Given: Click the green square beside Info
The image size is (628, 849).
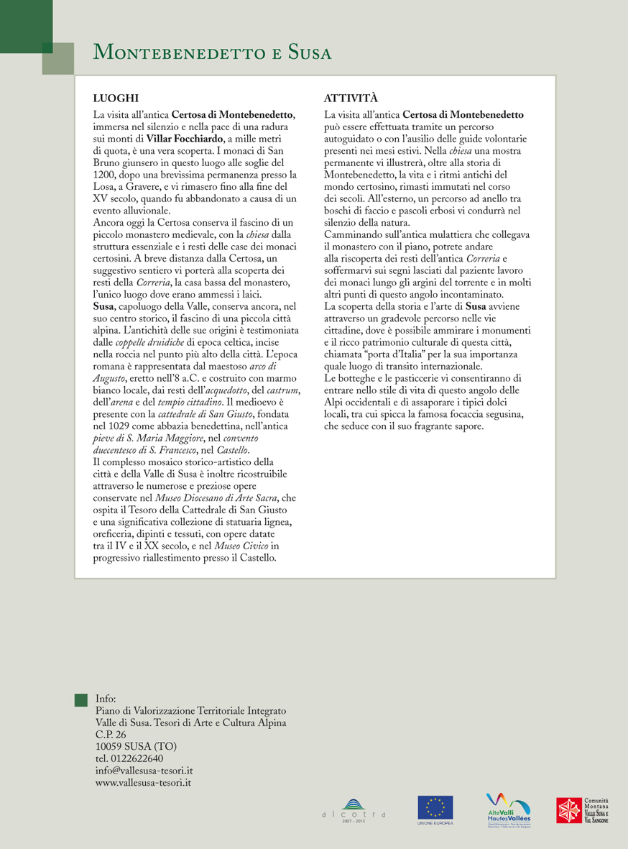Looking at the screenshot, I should tap(81, 699).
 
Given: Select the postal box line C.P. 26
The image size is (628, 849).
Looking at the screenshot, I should tap(111, 735).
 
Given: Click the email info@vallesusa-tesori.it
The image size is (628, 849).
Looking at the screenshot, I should tap(144, 770).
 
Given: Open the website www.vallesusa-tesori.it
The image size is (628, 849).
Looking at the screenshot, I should tap(143, 782).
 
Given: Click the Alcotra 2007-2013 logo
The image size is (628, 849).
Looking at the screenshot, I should tap(354, 812).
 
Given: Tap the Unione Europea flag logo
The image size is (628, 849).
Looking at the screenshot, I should tap(435, 809).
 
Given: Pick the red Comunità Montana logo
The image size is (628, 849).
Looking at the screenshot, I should tap(572, 810).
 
